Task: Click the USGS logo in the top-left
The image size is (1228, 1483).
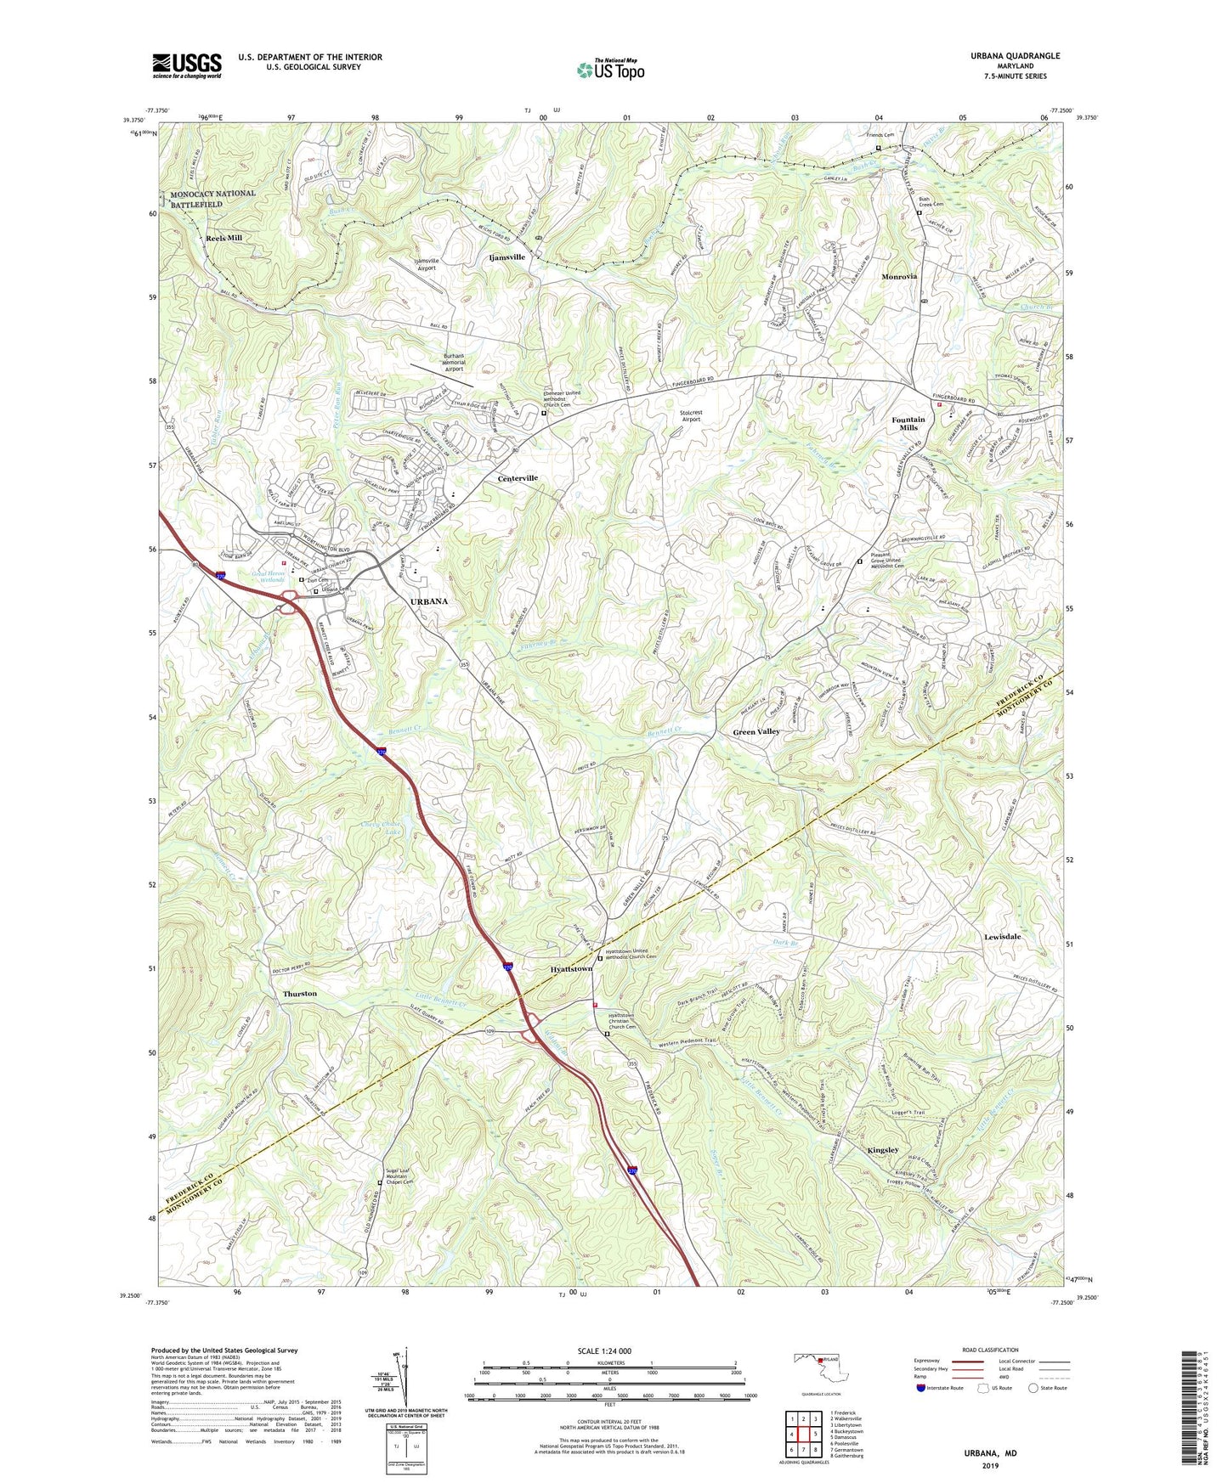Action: [186, 65]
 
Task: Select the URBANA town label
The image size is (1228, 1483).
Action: [428, 601]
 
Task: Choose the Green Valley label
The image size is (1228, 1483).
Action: [756, 731]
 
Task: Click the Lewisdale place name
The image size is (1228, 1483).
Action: [1002, 936]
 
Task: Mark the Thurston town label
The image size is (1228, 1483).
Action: [300, 993]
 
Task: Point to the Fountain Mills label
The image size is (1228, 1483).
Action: [908, 424]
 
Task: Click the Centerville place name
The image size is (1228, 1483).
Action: [518, 478]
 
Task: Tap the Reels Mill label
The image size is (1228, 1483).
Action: [224, 238]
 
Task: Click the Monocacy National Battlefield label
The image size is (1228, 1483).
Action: [212, 199]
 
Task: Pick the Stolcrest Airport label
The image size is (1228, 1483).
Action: [691, 416]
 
